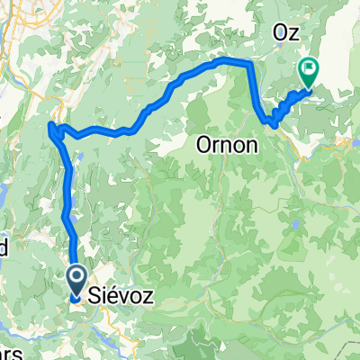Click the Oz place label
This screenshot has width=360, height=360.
tap(287, 31)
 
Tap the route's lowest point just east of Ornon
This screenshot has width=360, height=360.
tap(273, 122)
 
